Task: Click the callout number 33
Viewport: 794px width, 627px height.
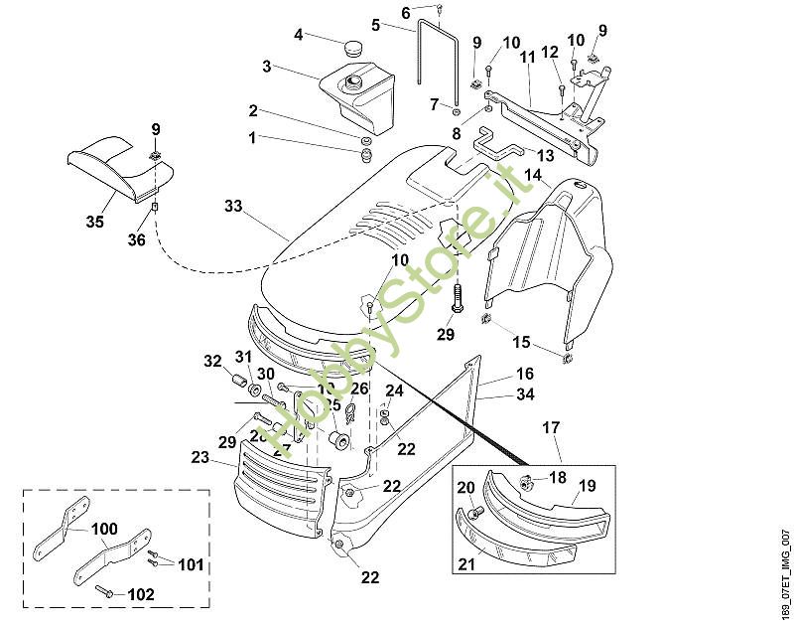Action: pyautogui.click(x=233, y=207)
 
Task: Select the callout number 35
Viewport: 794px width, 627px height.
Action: pyautogui.click(x=94, y=222)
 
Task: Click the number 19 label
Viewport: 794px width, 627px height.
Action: pyautogui.click(x=587, y=486)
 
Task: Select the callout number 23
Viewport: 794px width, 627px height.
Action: pyautogui.click(x=199, y=457)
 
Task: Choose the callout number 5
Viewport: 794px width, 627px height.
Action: pyautogui.click(x=376, y=24)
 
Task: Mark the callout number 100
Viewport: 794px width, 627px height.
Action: pyautogui.click(x=103, y=530)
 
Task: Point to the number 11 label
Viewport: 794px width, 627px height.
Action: pyautogui.click(x=527, y=59)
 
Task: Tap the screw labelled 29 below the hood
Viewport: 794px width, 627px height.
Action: pyautogui.click(x=457, y=297)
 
